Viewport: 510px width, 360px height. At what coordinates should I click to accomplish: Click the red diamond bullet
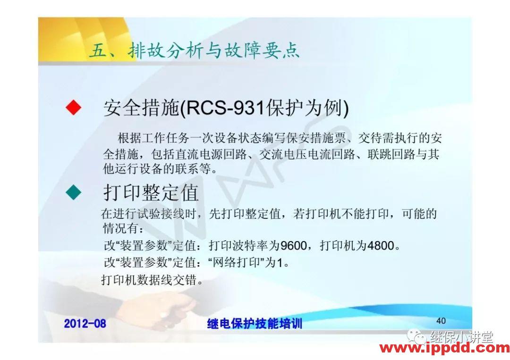pyautogui.click(x=73, y=108)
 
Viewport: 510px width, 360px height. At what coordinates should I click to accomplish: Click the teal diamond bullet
pyautogui.click(x=73, y=193)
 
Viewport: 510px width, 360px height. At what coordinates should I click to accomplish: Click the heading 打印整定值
pyautogui.click(x=151, y=193)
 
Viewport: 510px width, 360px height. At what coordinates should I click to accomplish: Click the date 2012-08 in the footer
pyautogui.click(x=85, y=323)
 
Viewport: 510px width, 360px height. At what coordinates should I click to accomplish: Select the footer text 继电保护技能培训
pyautogui.click(x=255, y=324)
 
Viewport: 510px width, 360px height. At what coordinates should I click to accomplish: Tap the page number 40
pyautogui.click(x=441, y=321)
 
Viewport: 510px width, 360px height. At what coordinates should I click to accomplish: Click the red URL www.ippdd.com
pyautogui.click(x=444, y=349)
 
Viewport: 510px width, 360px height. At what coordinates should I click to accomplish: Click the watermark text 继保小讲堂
pyautogui.click(x=461, y=337)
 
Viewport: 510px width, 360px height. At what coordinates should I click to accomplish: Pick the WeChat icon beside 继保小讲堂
pyautogui.click(x=417, y=337)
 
